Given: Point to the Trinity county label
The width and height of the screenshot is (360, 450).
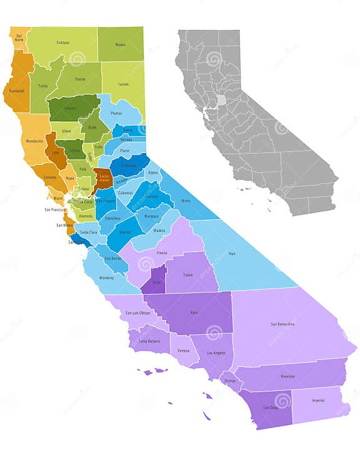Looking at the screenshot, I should click(43, 86).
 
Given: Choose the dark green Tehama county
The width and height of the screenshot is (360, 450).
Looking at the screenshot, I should click(71, 108).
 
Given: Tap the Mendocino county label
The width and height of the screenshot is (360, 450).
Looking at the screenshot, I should click(34, 141).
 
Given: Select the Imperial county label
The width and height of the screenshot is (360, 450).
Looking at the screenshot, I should click(317, 401).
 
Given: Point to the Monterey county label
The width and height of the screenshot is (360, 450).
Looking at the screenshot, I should click(107, 277).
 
